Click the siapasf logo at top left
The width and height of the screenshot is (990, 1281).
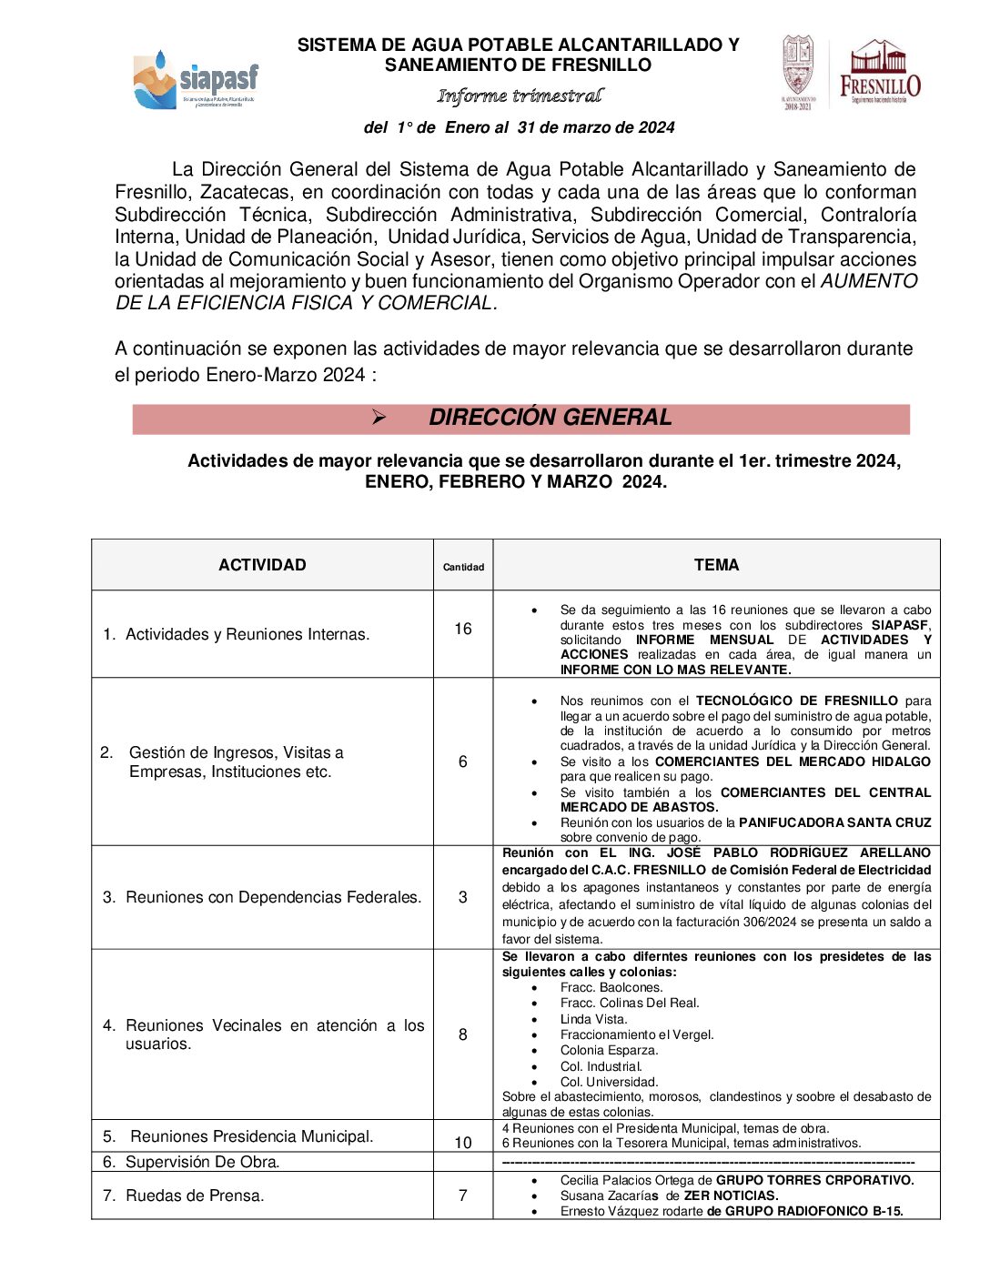coord(196,80)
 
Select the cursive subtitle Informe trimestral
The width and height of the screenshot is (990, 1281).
coord(520,96)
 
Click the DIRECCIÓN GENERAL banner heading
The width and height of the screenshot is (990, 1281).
coord(550,418)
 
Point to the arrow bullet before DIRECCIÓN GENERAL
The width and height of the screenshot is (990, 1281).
coord(379,418)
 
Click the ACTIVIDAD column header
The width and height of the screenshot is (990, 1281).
coord(262,565)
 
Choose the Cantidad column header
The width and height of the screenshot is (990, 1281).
coord(463,567)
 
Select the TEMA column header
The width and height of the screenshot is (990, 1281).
coord(716,565)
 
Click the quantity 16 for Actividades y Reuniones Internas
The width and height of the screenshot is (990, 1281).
coord(463,629)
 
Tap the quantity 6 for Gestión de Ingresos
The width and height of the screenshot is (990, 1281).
coord(463,762)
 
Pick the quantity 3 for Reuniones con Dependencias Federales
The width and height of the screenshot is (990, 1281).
coord(463,897)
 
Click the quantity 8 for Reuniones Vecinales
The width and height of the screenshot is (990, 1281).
coord(463,1034)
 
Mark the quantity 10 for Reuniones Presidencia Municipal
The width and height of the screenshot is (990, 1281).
coord(463,1143)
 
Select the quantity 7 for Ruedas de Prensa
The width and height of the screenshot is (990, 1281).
coord(463,1195)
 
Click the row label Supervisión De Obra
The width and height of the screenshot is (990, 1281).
coord(202,1162)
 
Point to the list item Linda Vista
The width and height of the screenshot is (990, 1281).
coord(593,1019)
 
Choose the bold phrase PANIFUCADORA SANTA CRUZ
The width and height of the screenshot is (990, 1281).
coord(834,822)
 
